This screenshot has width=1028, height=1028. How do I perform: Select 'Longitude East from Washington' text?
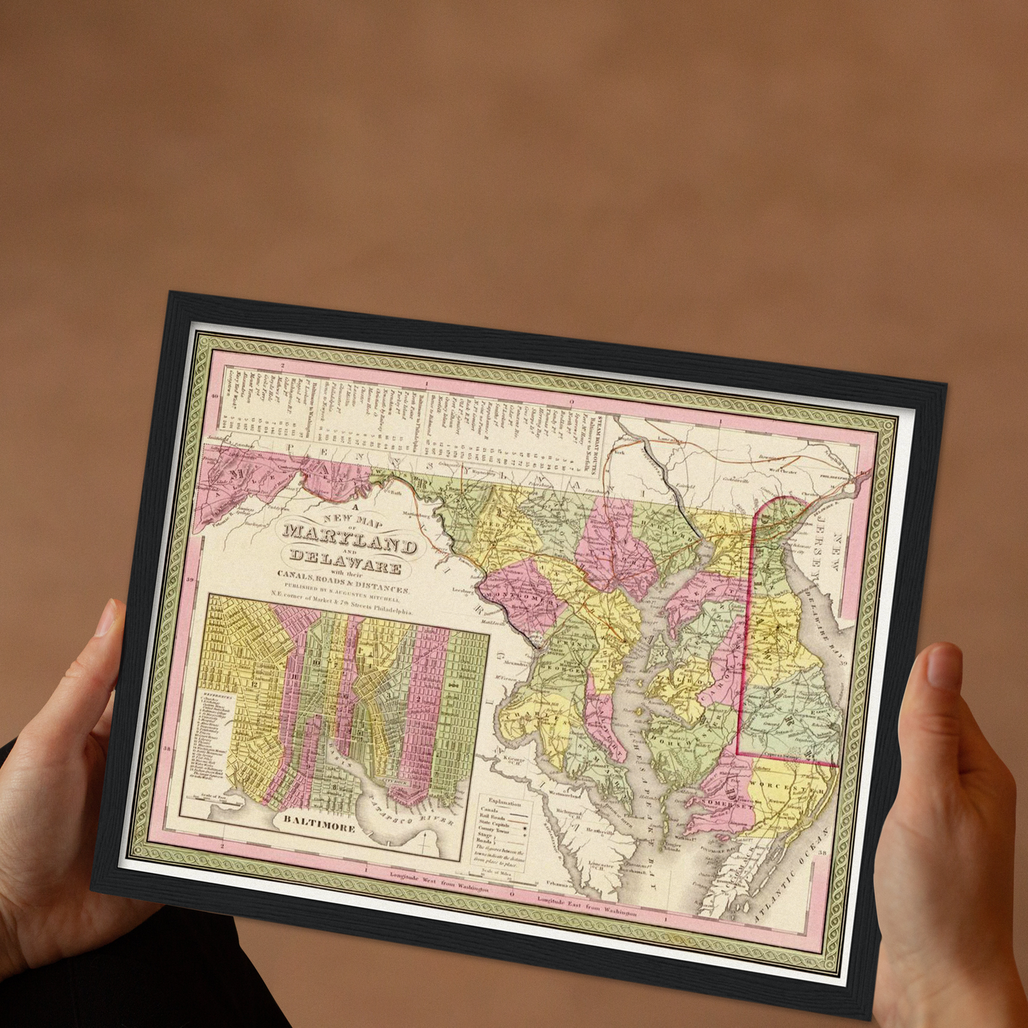click(587, 907)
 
